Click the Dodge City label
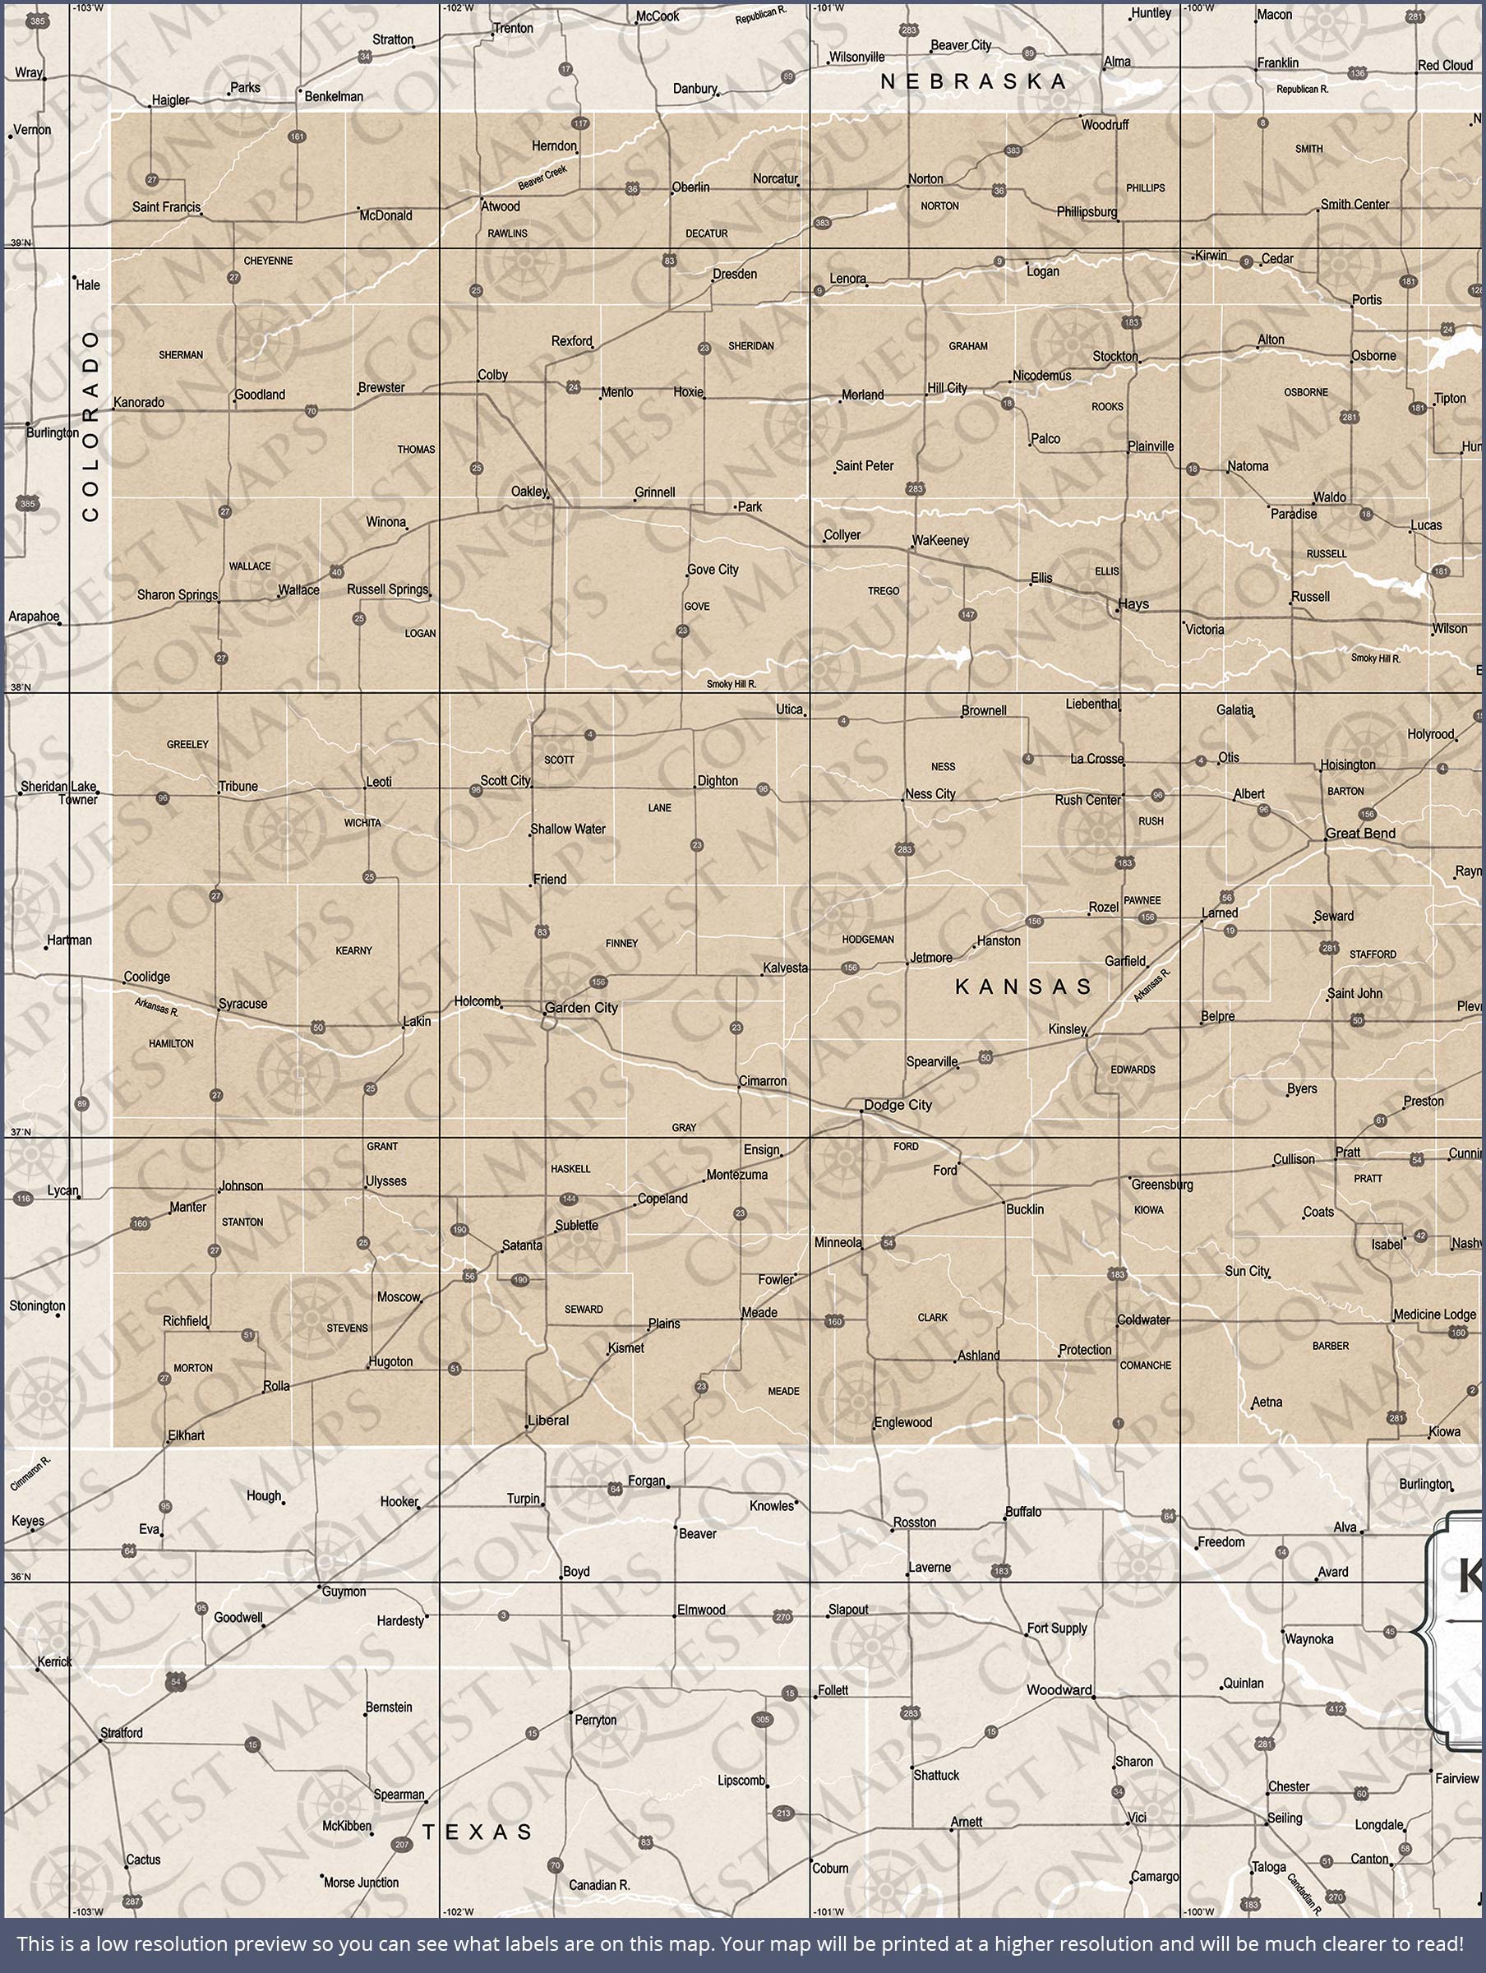[x=898, y=1105]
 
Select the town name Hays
[x=1133, y=604]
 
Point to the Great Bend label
[x=1360, y=833]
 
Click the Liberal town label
[x=547, y=1420]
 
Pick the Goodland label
[x=260, y=395]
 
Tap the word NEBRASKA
[x=973, y=82]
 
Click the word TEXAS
[x=478, y=1832]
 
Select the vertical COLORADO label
[x=90, y=426]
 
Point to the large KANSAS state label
[x=1023, y=987]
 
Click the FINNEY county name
[x=621, y=943]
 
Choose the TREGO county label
[x=883, y=590]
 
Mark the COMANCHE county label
[x=1145, y=1365]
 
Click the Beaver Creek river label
[x=542, y=177]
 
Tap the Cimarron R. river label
[x=31, y=1472]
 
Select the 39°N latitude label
[x=20, y=243]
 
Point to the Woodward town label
[x=1059, y=1689]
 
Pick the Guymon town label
[x=344, y=1592]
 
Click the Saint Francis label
[x=166, y=207]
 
